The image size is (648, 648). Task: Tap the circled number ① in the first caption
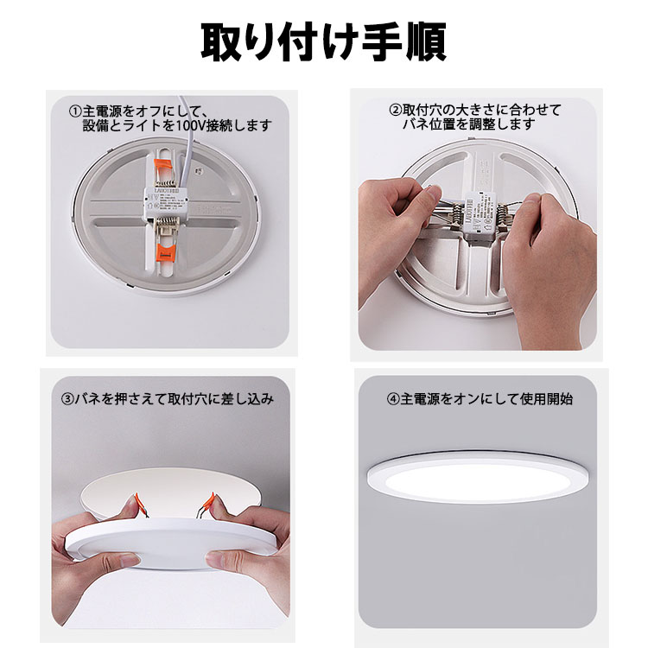[x=75, y=111]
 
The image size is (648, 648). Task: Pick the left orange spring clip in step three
[x=135, y=505]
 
